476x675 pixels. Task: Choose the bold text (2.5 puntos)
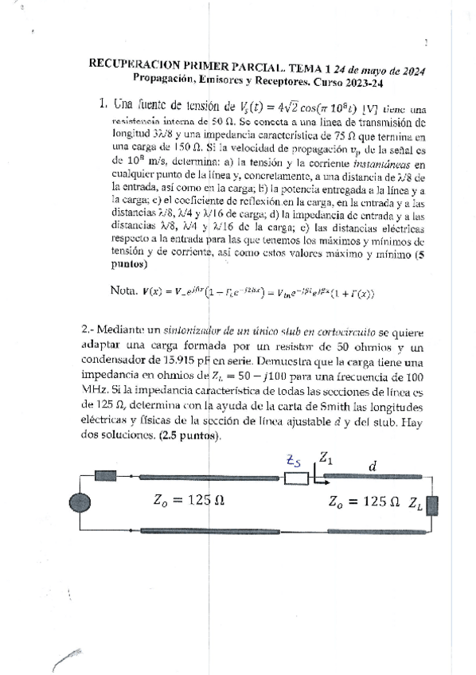[x=187, y=437]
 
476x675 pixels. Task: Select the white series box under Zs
[x=297, y=478]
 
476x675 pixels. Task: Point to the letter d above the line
[x=372, y=467]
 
